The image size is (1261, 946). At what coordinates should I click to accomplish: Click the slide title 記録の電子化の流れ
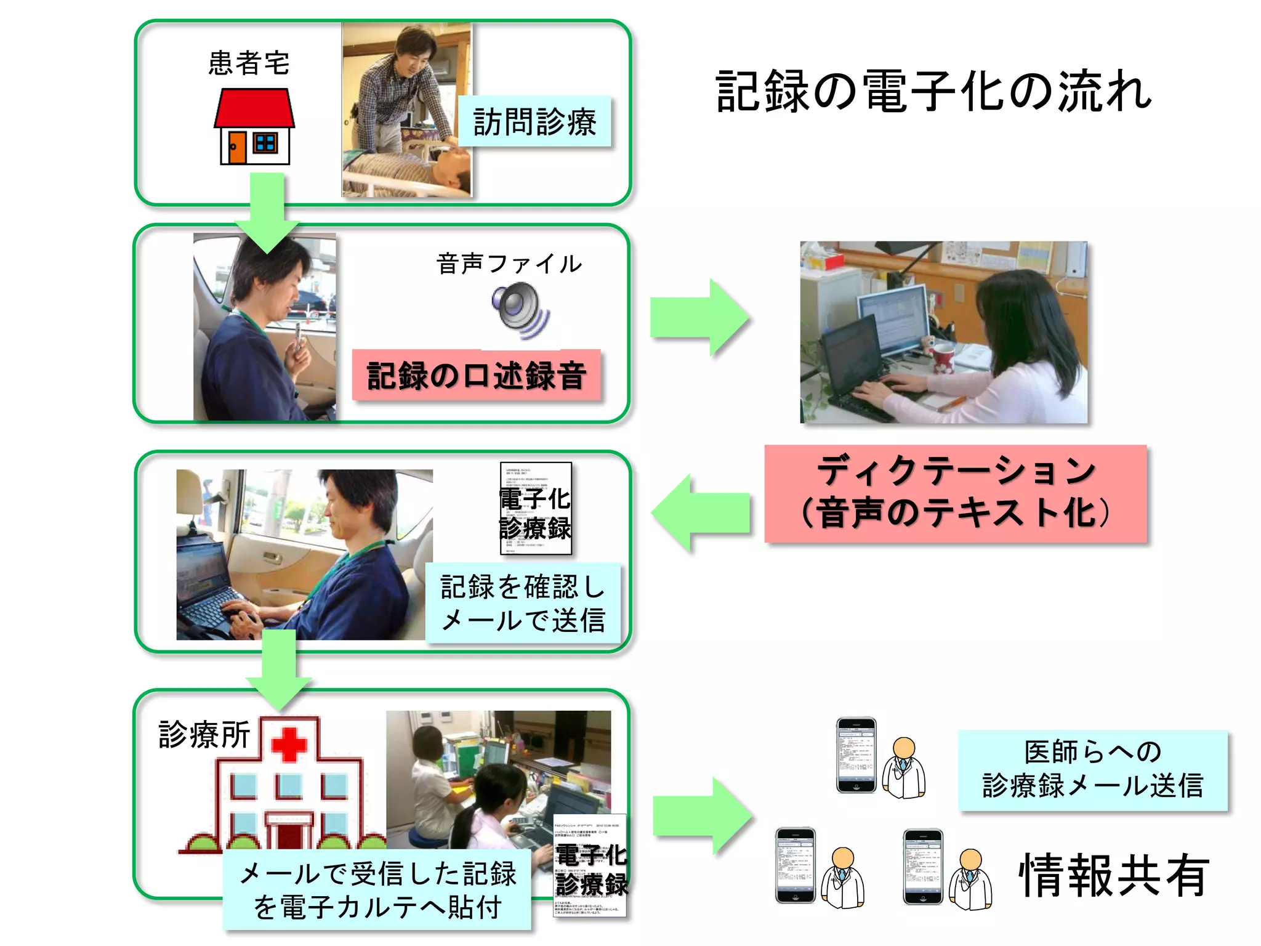pos(933,92)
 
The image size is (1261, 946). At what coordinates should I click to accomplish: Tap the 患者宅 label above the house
pos(249,63)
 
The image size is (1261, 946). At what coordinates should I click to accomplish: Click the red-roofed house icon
pos(254,126)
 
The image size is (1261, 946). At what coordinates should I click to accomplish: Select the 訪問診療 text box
pos(534,121)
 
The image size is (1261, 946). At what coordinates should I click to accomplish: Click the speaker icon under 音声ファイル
pos(520,310)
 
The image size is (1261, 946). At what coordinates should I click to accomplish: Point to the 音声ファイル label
pos(509,264)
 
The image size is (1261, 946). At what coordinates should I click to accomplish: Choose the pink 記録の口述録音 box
pos(476,375)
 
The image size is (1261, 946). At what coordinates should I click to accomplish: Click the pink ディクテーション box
pos(955,493)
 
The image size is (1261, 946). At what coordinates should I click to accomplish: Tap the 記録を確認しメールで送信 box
pos(523,603)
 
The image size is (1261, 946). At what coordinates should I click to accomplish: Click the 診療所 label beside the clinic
pos(204,734)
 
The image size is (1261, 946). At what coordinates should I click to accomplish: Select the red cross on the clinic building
pos(289,744)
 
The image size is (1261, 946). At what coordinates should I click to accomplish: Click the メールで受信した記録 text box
pos(377,890)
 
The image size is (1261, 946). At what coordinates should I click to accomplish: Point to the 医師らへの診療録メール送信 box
pos(1092,770)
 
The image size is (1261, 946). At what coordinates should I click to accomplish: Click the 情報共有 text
pos(1114,875)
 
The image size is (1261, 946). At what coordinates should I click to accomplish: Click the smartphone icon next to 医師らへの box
pos(856,754)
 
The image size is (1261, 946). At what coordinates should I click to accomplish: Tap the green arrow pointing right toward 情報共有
pos(702,816)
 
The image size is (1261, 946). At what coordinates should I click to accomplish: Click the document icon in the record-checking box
pos(536,508)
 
